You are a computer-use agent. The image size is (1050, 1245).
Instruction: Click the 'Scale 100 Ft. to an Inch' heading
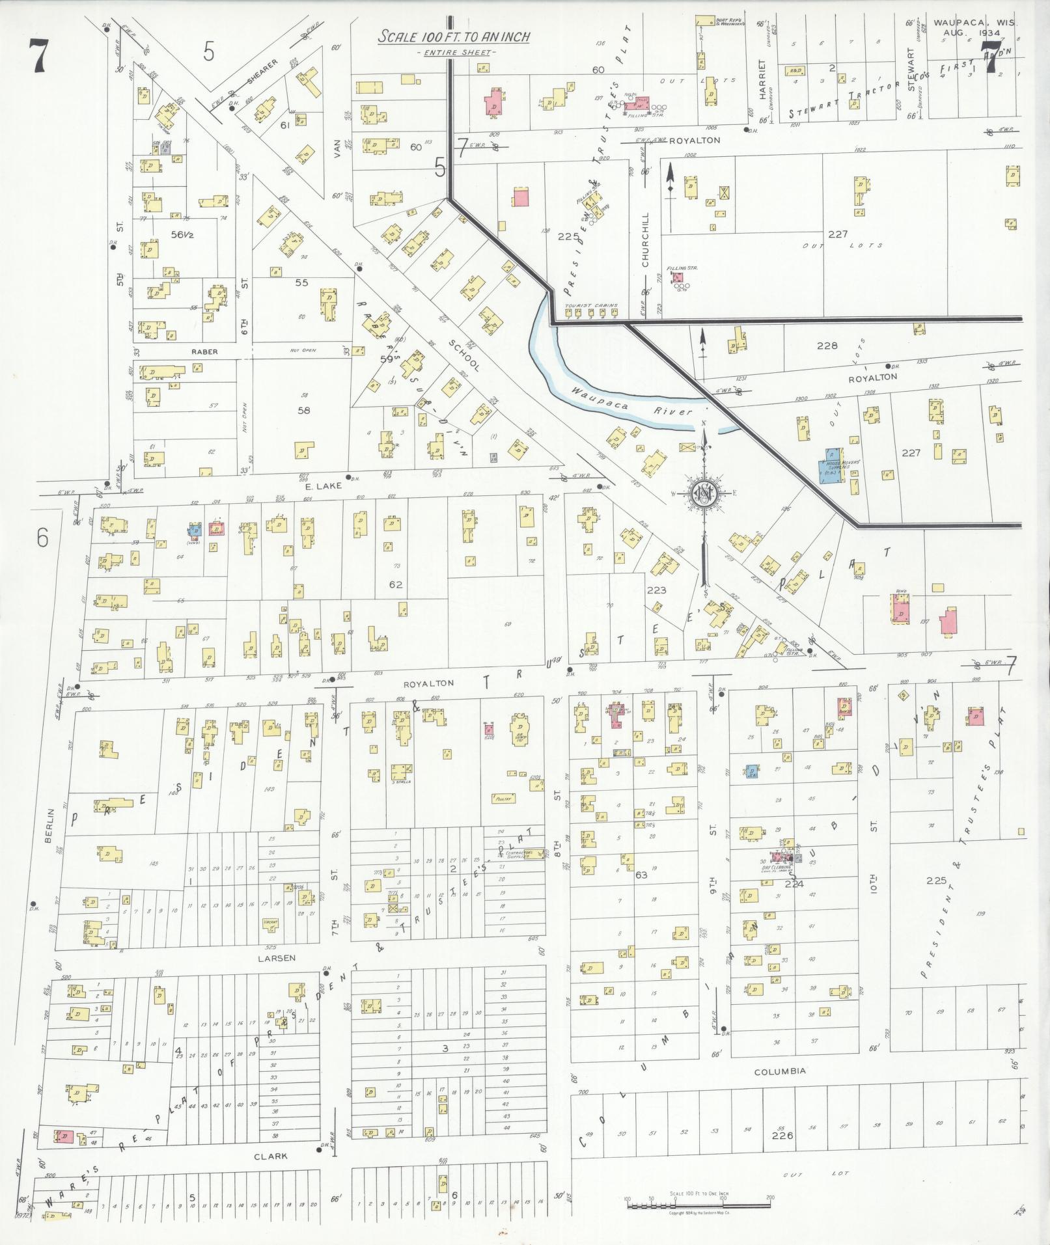click(454, 38)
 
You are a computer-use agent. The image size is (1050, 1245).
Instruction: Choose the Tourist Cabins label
click(592, 305)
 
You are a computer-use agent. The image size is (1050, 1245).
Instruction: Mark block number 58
click(303, 410)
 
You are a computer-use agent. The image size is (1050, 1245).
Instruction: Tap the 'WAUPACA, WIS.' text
click(974, 22)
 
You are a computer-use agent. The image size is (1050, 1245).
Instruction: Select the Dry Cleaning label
click(781, 867)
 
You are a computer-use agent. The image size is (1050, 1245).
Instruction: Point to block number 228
click(827, 346)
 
